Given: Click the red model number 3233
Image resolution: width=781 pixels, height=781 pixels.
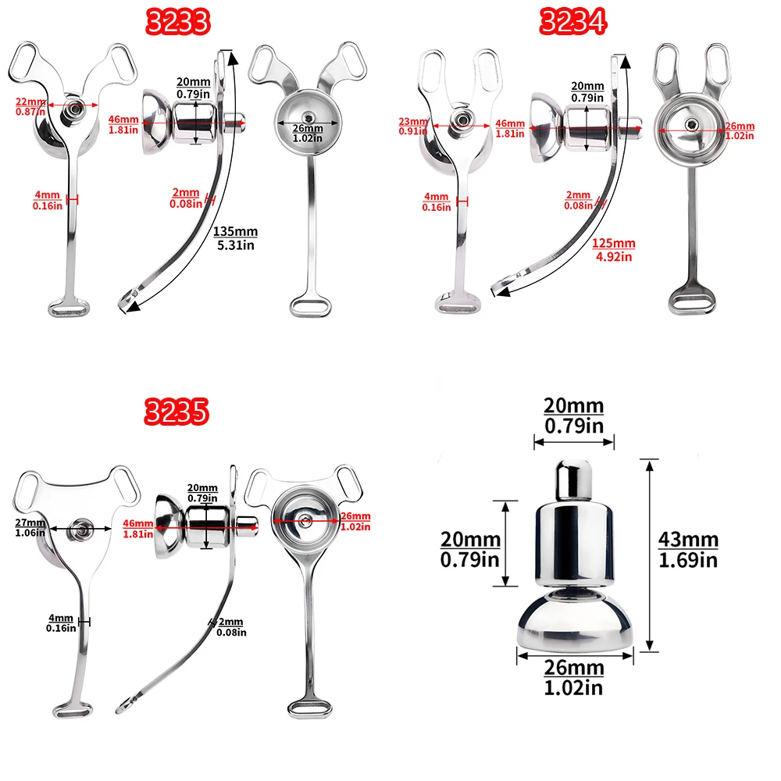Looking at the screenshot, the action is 178,22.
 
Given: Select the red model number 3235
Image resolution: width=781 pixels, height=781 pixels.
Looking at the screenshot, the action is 176,412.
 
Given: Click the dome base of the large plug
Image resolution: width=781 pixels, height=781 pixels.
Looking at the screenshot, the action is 575,622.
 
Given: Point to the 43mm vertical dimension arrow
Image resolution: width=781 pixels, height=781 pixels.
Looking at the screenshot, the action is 650,555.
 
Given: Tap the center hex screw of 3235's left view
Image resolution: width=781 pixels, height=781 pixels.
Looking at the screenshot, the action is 80,529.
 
